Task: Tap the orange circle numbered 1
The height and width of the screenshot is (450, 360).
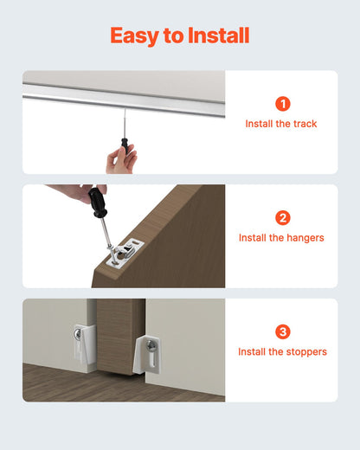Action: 281,104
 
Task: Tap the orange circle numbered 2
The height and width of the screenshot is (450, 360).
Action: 281,217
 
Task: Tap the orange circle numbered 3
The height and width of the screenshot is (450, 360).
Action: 281,332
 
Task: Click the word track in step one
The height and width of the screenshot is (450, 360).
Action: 304,124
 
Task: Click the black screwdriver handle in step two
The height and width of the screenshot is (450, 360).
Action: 94,204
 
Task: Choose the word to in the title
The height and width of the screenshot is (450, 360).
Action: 174,35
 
